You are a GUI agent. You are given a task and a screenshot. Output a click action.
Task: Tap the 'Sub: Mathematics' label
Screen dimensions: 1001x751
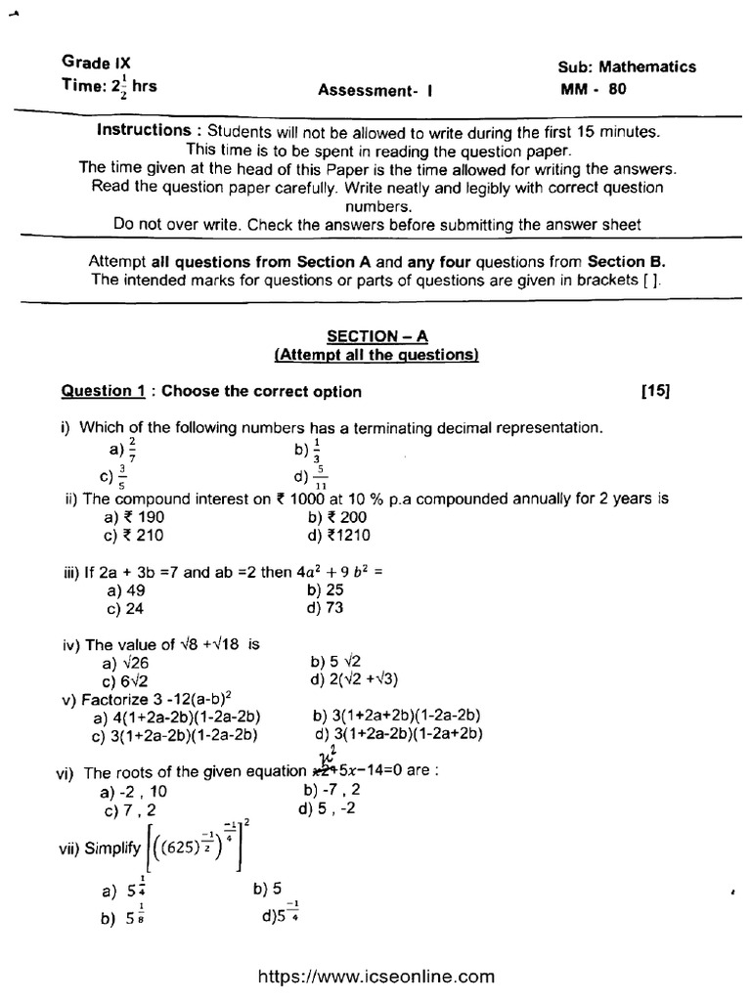coord(627,66)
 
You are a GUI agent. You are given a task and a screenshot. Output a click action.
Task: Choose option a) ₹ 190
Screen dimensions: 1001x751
coord(136,516)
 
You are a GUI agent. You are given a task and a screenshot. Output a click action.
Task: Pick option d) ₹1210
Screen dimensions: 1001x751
coord(338,535)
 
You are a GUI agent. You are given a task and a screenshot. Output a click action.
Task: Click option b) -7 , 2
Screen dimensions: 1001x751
coord(333,790)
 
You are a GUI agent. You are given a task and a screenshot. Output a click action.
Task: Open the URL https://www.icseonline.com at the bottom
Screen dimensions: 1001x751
coord(375,976)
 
